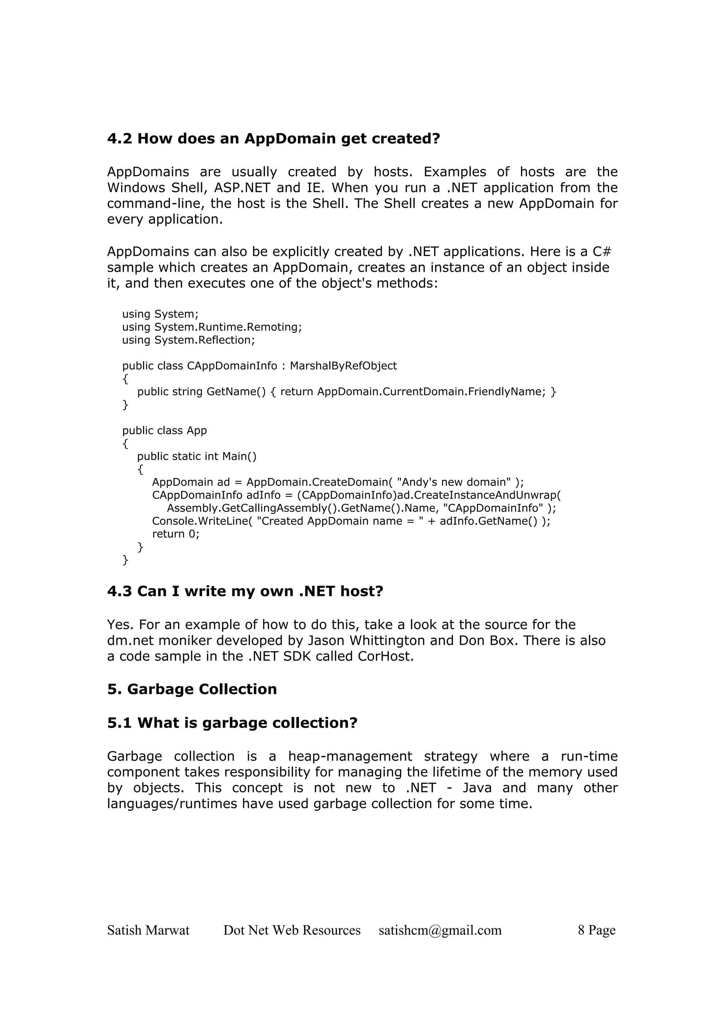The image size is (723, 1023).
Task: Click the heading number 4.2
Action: pyautogui.click(x=119, y=139)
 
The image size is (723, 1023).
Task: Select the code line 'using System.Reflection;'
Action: pyautogui.click(x=189, y=340)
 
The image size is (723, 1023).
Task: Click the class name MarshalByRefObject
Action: pyautogui.click(x=343, y=366)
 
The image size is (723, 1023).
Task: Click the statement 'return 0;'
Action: pyautogui.click(x=175, y=534)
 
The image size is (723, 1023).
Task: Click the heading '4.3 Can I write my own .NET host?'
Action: pyautogui.click(x=245, y=592)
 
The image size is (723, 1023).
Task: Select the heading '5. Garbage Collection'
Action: pyautogui.click(x=192, y=689)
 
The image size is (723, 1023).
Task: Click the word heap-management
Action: pyautogui.click(x=350, y=756)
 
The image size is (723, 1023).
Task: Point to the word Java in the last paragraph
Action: pyautogui.click(x=477, y=788)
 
